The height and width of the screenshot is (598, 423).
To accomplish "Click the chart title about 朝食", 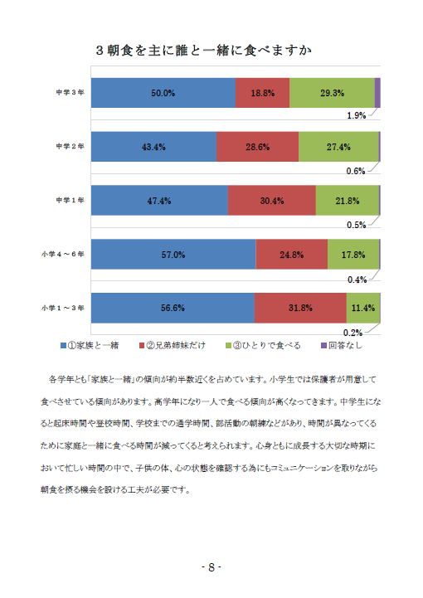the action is tap(204, 51).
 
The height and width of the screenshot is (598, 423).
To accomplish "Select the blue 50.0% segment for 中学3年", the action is tap(163, 93).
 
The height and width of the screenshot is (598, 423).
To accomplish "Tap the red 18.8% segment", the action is tap(262, 93).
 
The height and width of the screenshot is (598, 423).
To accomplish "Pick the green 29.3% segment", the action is tap(333, 93).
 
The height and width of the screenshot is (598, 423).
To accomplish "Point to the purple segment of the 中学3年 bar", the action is tap(377, 93).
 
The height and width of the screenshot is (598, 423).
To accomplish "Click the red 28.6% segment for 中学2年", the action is tap(257, 147).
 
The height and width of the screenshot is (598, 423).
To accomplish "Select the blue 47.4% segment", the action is tap(159, 201).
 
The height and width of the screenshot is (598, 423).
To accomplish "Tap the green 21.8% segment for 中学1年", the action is tap(348, 201).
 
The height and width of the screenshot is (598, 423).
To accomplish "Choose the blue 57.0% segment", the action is tap(173, 255).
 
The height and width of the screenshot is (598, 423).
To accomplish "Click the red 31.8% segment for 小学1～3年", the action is tap(300, 308).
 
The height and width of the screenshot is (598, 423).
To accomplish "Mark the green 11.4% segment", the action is tap(363, 308).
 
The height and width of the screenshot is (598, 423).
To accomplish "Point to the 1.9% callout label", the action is tap(357, 115).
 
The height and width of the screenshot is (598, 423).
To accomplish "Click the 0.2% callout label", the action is tap(352, 333).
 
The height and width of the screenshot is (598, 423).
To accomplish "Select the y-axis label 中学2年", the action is tap(70, 147).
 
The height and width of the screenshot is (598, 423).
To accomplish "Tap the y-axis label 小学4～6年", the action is tap(63, 254).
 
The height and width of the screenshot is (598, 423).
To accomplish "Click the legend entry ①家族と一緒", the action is tap(90, 346).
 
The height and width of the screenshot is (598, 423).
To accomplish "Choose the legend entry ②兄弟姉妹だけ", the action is tap(173, 346).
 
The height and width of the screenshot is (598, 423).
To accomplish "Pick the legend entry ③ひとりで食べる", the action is tap(263, 346).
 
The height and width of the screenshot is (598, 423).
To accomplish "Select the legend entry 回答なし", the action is tap(342, 346).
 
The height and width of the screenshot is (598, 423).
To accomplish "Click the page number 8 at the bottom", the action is tap(211, 567).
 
